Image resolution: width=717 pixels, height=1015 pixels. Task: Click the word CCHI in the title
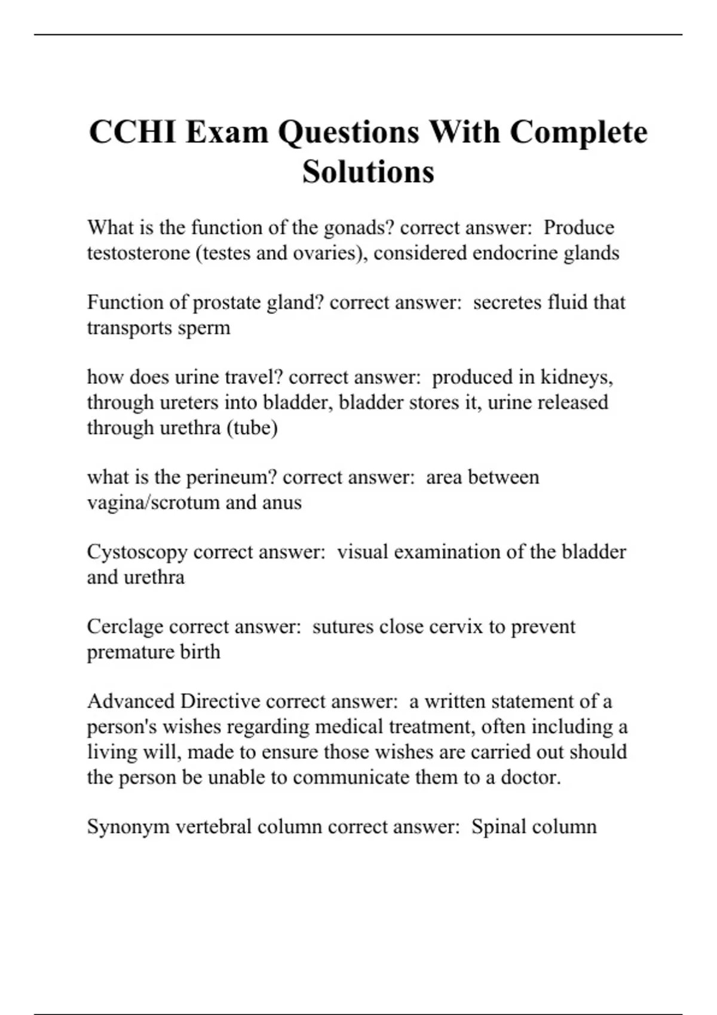tap(133, 132)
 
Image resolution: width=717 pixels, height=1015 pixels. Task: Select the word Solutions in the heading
tap(368, 172)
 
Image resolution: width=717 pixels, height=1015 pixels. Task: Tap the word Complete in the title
tap(578, 132)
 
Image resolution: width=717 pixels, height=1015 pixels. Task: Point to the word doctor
tap(530, 777)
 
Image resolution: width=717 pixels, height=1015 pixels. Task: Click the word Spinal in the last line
tap(498, 826)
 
